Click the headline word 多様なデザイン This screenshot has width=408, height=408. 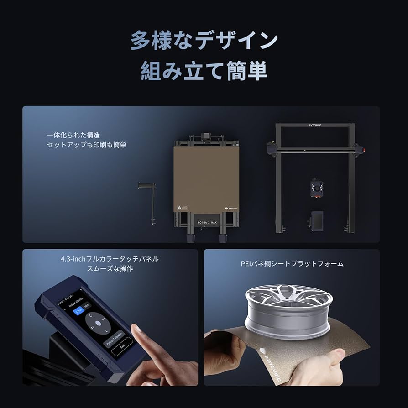tap(204, 41)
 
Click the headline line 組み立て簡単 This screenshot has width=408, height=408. tap(204, 72)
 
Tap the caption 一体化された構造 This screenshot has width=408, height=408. tap(73, 135)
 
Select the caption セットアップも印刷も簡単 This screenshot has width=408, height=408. tap(86, 145)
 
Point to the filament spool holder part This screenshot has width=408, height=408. tap(147, 201)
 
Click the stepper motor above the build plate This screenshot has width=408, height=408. tap(206, 137)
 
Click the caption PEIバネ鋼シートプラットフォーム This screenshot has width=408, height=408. tap(292, 264)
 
